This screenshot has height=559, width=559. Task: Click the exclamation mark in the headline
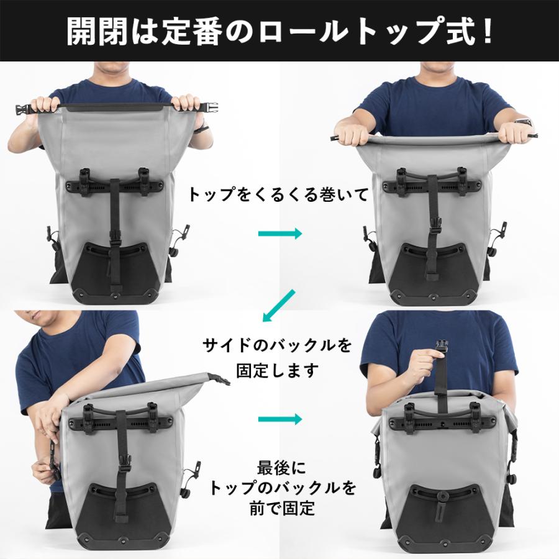coord(486,31)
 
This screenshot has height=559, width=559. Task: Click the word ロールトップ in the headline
coord(338,31)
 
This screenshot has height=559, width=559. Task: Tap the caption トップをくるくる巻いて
coord(278,194)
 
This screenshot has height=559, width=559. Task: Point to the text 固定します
coord(278,371)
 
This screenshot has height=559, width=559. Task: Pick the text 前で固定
coord(278,509)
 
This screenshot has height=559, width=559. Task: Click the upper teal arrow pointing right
coord(279,234)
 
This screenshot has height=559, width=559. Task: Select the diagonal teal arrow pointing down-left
coord(276,307)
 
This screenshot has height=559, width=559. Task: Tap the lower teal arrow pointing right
coord(279,417)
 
